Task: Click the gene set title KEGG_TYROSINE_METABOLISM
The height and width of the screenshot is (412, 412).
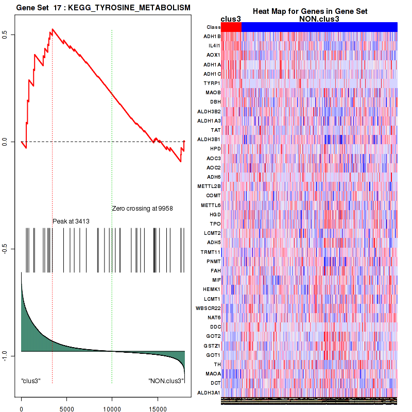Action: point(125,8)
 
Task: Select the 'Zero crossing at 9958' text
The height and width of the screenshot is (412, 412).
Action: point(142,209)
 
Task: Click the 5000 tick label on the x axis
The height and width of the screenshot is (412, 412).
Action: point(66,405)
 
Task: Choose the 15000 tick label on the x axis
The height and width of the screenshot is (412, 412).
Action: point(157,405)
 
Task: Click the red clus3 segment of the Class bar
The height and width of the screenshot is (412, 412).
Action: point(231,27)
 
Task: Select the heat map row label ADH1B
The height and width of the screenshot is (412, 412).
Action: point(212,37)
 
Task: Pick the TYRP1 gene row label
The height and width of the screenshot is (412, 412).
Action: point(212,83)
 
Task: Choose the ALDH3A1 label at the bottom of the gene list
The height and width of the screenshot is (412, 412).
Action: point(210,393)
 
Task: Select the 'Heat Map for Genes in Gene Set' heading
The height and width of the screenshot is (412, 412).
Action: point(310,11)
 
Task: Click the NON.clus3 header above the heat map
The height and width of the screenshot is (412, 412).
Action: point(319,19)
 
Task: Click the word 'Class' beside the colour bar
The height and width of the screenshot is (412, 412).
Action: point(213,27)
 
